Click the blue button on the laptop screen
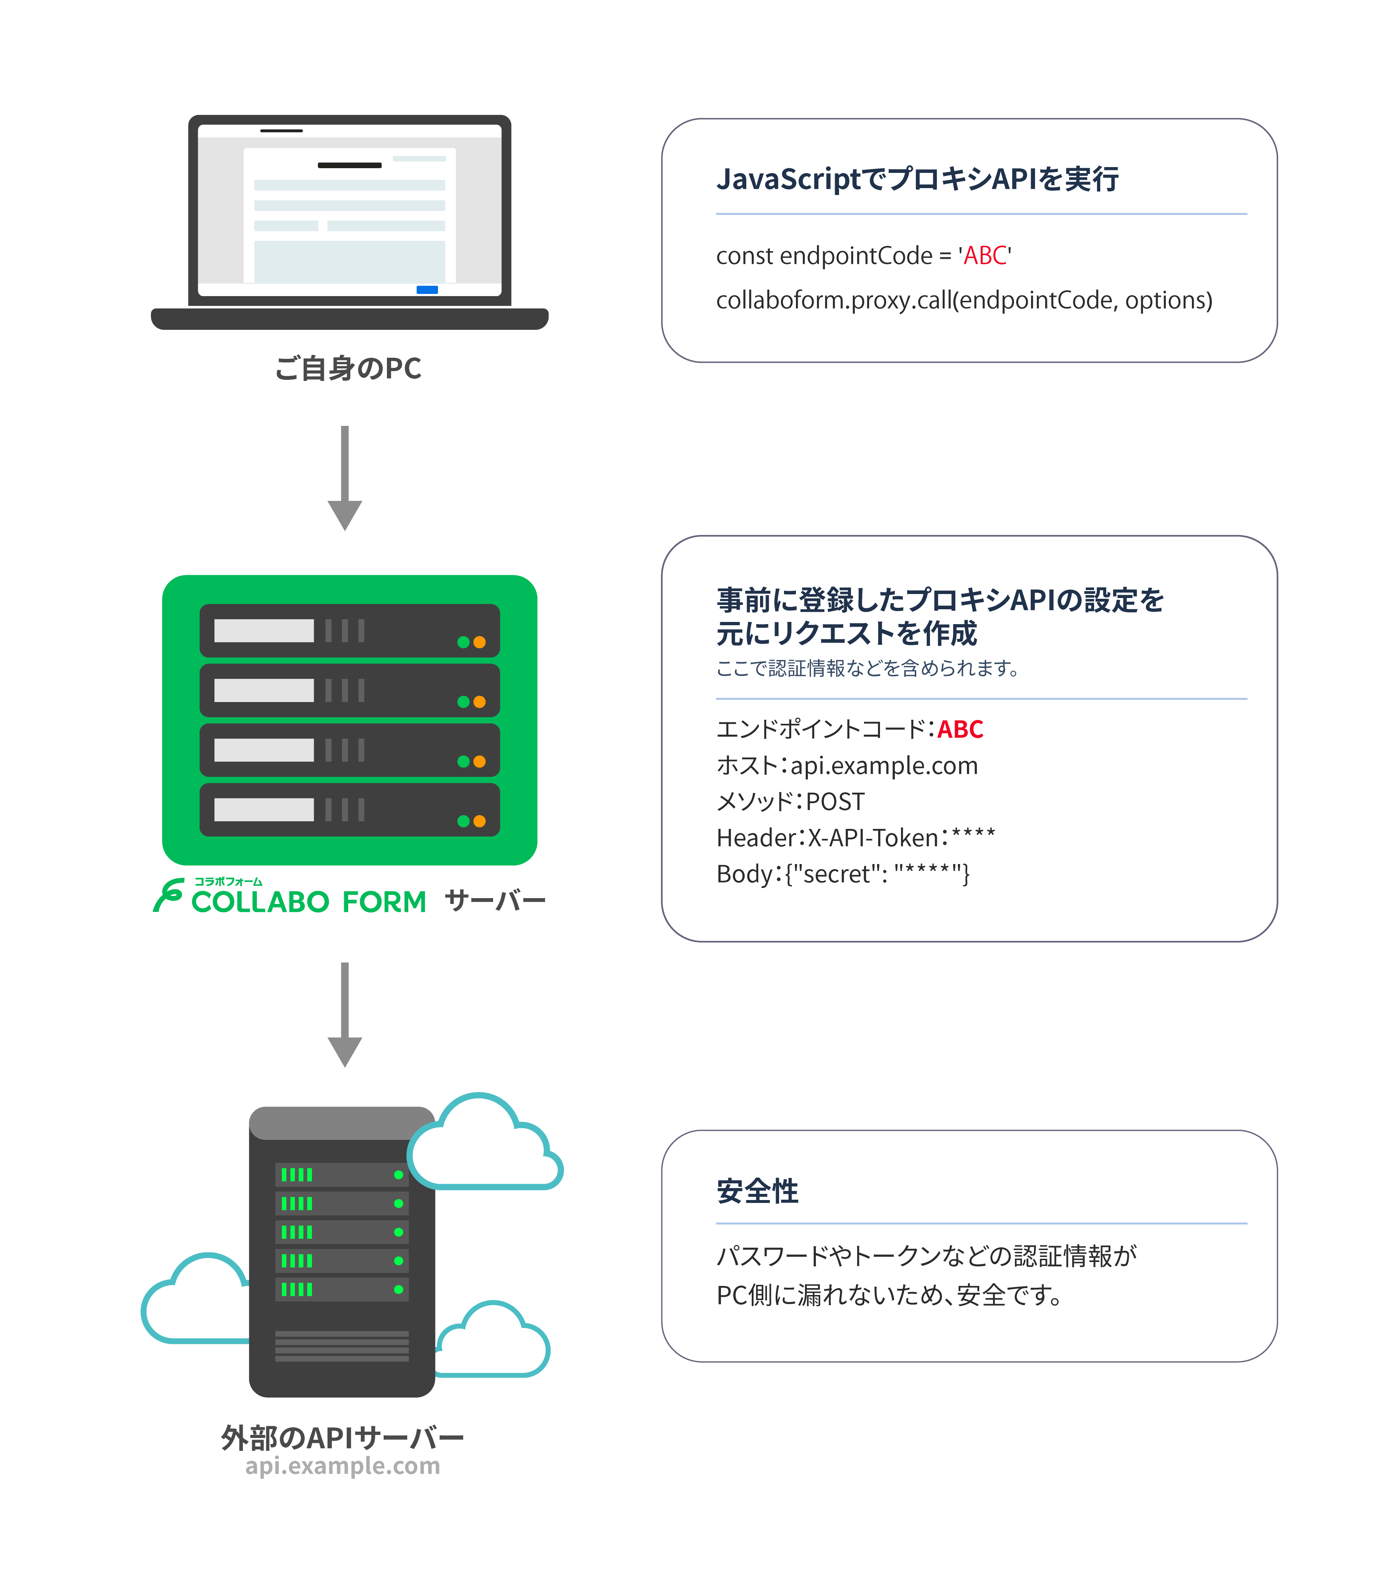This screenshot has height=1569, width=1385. point(427,289)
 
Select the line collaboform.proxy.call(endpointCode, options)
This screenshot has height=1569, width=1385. point(964,300)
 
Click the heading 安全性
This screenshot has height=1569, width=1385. point(757,1191)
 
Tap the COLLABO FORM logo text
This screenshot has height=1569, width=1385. point(308,902)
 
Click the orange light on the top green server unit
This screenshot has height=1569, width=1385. point(480,643)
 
